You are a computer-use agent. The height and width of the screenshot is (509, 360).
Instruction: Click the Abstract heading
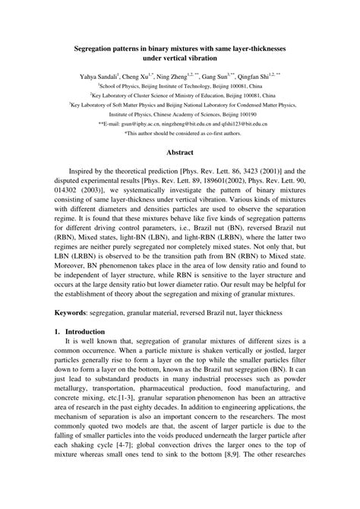pos(181,173)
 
